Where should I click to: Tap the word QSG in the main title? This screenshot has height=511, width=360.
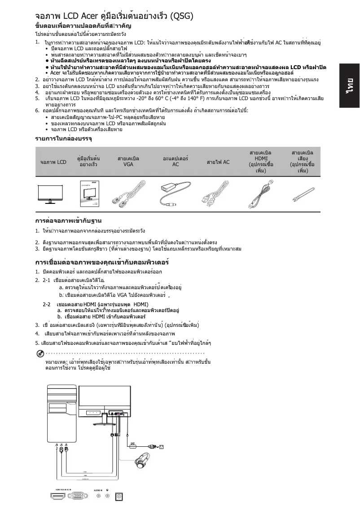[181, 17]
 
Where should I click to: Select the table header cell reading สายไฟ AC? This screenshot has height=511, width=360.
[218, 162]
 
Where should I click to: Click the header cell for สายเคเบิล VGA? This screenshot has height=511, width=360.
[128, 162]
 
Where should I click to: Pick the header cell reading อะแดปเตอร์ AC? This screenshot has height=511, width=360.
[176, 162]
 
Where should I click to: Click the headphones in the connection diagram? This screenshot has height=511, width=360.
[145, 462]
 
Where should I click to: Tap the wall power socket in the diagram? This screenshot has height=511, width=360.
[162, 446]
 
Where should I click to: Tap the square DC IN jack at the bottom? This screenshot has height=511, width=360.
[119, 496]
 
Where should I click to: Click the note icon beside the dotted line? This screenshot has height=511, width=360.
[40, 352]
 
